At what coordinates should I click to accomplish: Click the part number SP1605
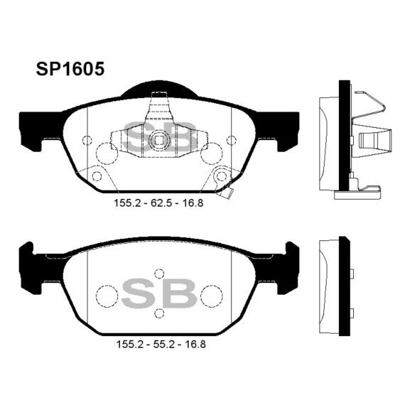point(70,69)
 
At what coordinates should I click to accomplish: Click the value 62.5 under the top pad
point(161,203)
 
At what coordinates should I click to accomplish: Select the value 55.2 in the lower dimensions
point(163,345)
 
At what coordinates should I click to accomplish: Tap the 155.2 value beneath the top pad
point(127,203)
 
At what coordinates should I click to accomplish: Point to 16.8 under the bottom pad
point(195,345)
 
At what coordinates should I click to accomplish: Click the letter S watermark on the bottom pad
point(139,293)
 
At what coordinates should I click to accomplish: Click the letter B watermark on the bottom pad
point(180,293)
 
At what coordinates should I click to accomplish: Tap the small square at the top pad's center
point(159,140)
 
